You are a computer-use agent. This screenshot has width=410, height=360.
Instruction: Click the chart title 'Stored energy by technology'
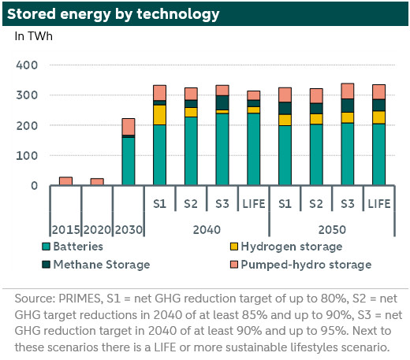coord(113,14)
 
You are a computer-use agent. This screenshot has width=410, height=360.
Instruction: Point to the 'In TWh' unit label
coord(33,36)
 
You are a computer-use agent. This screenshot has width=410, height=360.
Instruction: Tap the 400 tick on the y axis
coord(27,65)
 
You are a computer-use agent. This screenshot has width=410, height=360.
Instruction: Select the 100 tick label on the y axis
coord(27,156)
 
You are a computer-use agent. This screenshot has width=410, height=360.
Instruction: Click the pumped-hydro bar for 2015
coord(65,181)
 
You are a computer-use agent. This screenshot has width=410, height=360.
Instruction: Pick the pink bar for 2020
coord(97,182)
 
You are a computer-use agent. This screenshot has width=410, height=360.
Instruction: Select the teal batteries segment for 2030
coord(129,161)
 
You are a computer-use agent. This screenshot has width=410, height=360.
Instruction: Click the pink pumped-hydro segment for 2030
coord(129,127)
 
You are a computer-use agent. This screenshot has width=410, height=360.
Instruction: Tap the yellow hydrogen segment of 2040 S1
coord(159,115)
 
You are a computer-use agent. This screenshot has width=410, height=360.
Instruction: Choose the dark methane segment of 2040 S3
coord(222,102)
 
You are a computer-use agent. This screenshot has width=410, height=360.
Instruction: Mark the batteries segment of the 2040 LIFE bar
coord(254,149)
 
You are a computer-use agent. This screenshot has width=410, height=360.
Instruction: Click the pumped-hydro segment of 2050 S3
coord(348,91)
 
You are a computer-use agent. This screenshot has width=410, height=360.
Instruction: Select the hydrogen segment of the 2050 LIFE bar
coord(378,117)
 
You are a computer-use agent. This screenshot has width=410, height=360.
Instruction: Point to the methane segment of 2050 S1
coord(285,108)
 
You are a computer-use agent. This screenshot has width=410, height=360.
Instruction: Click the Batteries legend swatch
coord(46,247)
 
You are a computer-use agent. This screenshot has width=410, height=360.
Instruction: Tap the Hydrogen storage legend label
coord(292,247)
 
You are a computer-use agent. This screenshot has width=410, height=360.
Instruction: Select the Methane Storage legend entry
coord(96,265)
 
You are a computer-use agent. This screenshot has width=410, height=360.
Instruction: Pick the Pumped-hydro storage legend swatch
coord(234,265)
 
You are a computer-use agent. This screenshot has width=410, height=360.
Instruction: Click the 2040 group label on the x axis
coord(207,230)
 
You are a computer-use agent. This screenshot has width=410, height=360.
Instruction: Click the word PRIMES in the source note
coord(80,299)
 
